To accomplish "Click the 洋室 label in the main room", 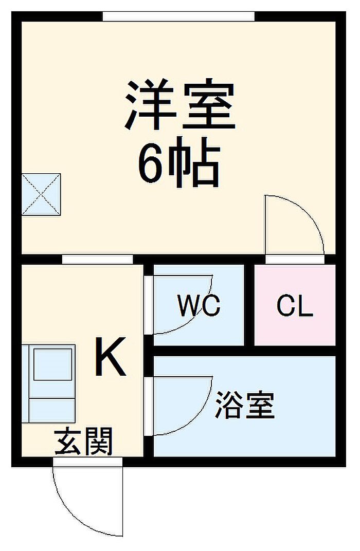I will coord(179,106).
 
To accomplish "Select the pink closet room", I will coord(295,324).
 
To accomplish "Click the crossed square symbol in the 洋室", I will coord(41,194).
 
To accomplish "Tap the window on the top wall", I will coord(178,16).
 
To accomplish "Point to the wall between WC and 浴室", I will coord(199,351).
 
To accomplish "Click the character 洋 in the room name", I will coord(150,106).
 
